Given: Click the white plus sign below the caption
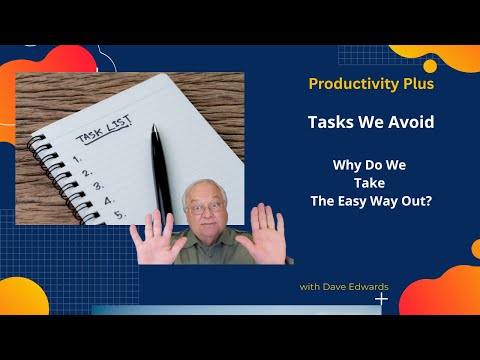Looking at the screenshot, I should click(x=381, y=298).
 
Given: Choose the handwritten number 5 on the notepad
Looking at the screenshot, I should click(x=119, y=214).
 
